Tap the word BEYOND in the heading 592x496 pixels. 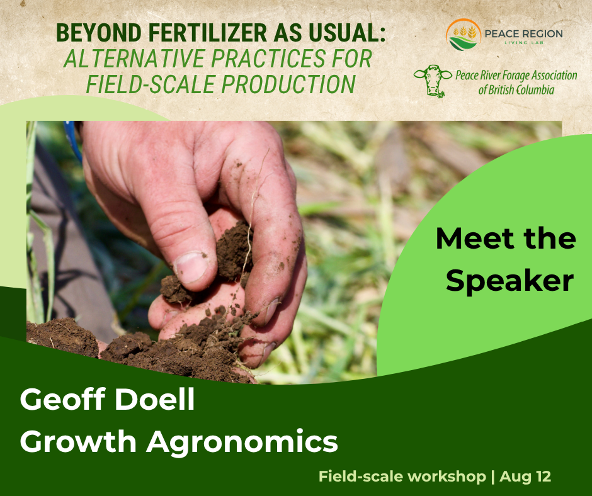coord(99,33)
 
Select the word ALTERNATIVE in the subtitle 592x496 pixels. coord(134,59)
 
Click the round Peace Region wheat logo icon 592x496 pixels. coord(464,35)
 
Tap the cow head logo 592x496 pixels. coord(433,81)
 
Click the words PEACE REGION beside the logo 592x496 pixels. coord(523,33)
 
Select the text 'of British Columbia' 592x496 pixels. coord(516,90)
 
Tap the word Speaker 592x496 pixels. coord(509,281)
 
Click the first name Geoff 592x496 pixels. coord(63,399)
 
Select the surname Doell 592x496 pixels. coord(155,399)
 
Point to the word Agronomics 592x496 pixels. coord(242,441)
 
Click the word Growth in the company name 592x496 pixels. coord(78,441)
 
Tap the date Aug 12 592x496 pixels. coord(525,476)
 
